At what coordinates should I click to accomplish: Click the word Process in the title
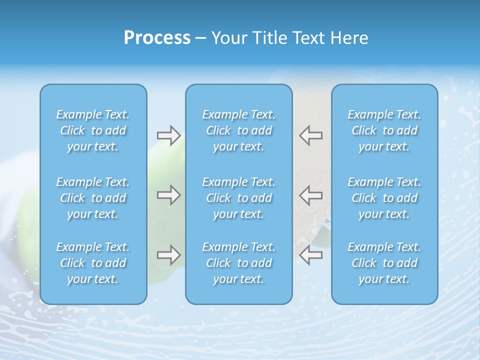(157, 38)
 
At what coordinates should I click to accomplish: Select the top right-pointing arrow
(168, 135)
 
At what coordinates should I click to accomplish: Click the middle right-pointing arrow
(168, 194)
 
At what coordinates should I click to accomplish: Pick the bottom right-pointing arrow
(168, 255)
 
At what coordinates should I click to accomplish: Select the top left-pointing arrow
(311, 135)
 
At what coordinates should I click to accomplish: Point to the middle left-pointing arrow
(311, 194)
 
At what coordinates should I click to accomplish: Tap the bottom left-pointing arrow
(311, 255)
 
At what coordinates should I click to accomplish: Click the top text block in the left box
(93, 130)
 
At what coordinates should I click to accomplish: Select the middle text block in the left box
(93, 198)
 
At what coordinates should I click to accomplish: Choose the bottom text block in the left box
(93, 263)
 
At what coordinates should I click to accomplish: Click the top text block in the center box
(239, 130)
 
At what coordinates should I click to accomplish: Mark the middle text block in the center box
(239, 198)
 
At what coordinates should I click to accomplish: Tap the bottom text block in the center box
(239, 263)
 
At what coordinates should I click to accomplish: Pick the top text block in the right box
(384, 130)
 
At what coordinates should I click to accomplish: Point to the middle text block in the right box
(384, 198)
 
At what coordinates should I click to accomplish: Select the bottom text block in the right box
(384, 263)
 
